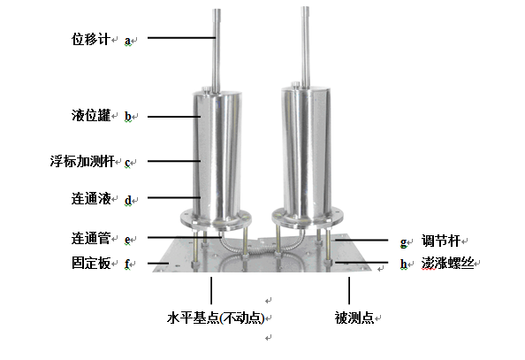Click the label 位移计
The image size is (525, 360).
pos(91,39)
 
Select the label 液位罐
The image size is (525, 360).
pos(91,115)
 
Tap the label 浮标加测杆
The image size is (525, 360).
pos(82,161)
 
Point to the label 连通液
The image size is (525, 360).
pos(91,198)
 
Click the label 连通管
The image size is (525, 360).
pos(91,238)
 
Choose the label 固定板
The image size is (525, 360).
pos(91,263)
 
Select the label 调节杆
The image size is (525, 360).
pos(441,241)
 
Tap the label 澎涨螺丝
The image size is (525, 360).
pos(447,264)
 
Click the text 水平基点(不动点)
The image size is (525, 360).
pos(216,318)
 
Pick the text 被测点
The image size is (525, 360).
pos(354,318)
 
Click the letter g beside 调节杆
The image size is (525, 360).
pos(403,242)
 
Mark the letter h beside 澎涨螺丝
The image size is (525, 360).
pos(404,264)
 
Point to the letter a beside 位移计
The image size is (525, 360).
pos(127,41)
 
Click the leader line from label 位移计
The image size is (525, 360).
pos(181,37)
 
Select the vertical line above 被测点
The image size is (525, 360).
pos(349,291)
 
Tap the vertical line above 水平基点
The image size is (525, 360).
pos(211,291)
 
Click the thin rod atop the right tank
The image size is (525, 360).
pos(305,47)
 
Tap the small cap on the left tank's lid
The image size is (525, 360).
pos(206,88)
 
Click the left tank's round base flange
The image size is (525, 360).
pos(216,219)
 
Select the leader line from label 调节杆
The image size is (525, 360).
pos(361,240)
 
